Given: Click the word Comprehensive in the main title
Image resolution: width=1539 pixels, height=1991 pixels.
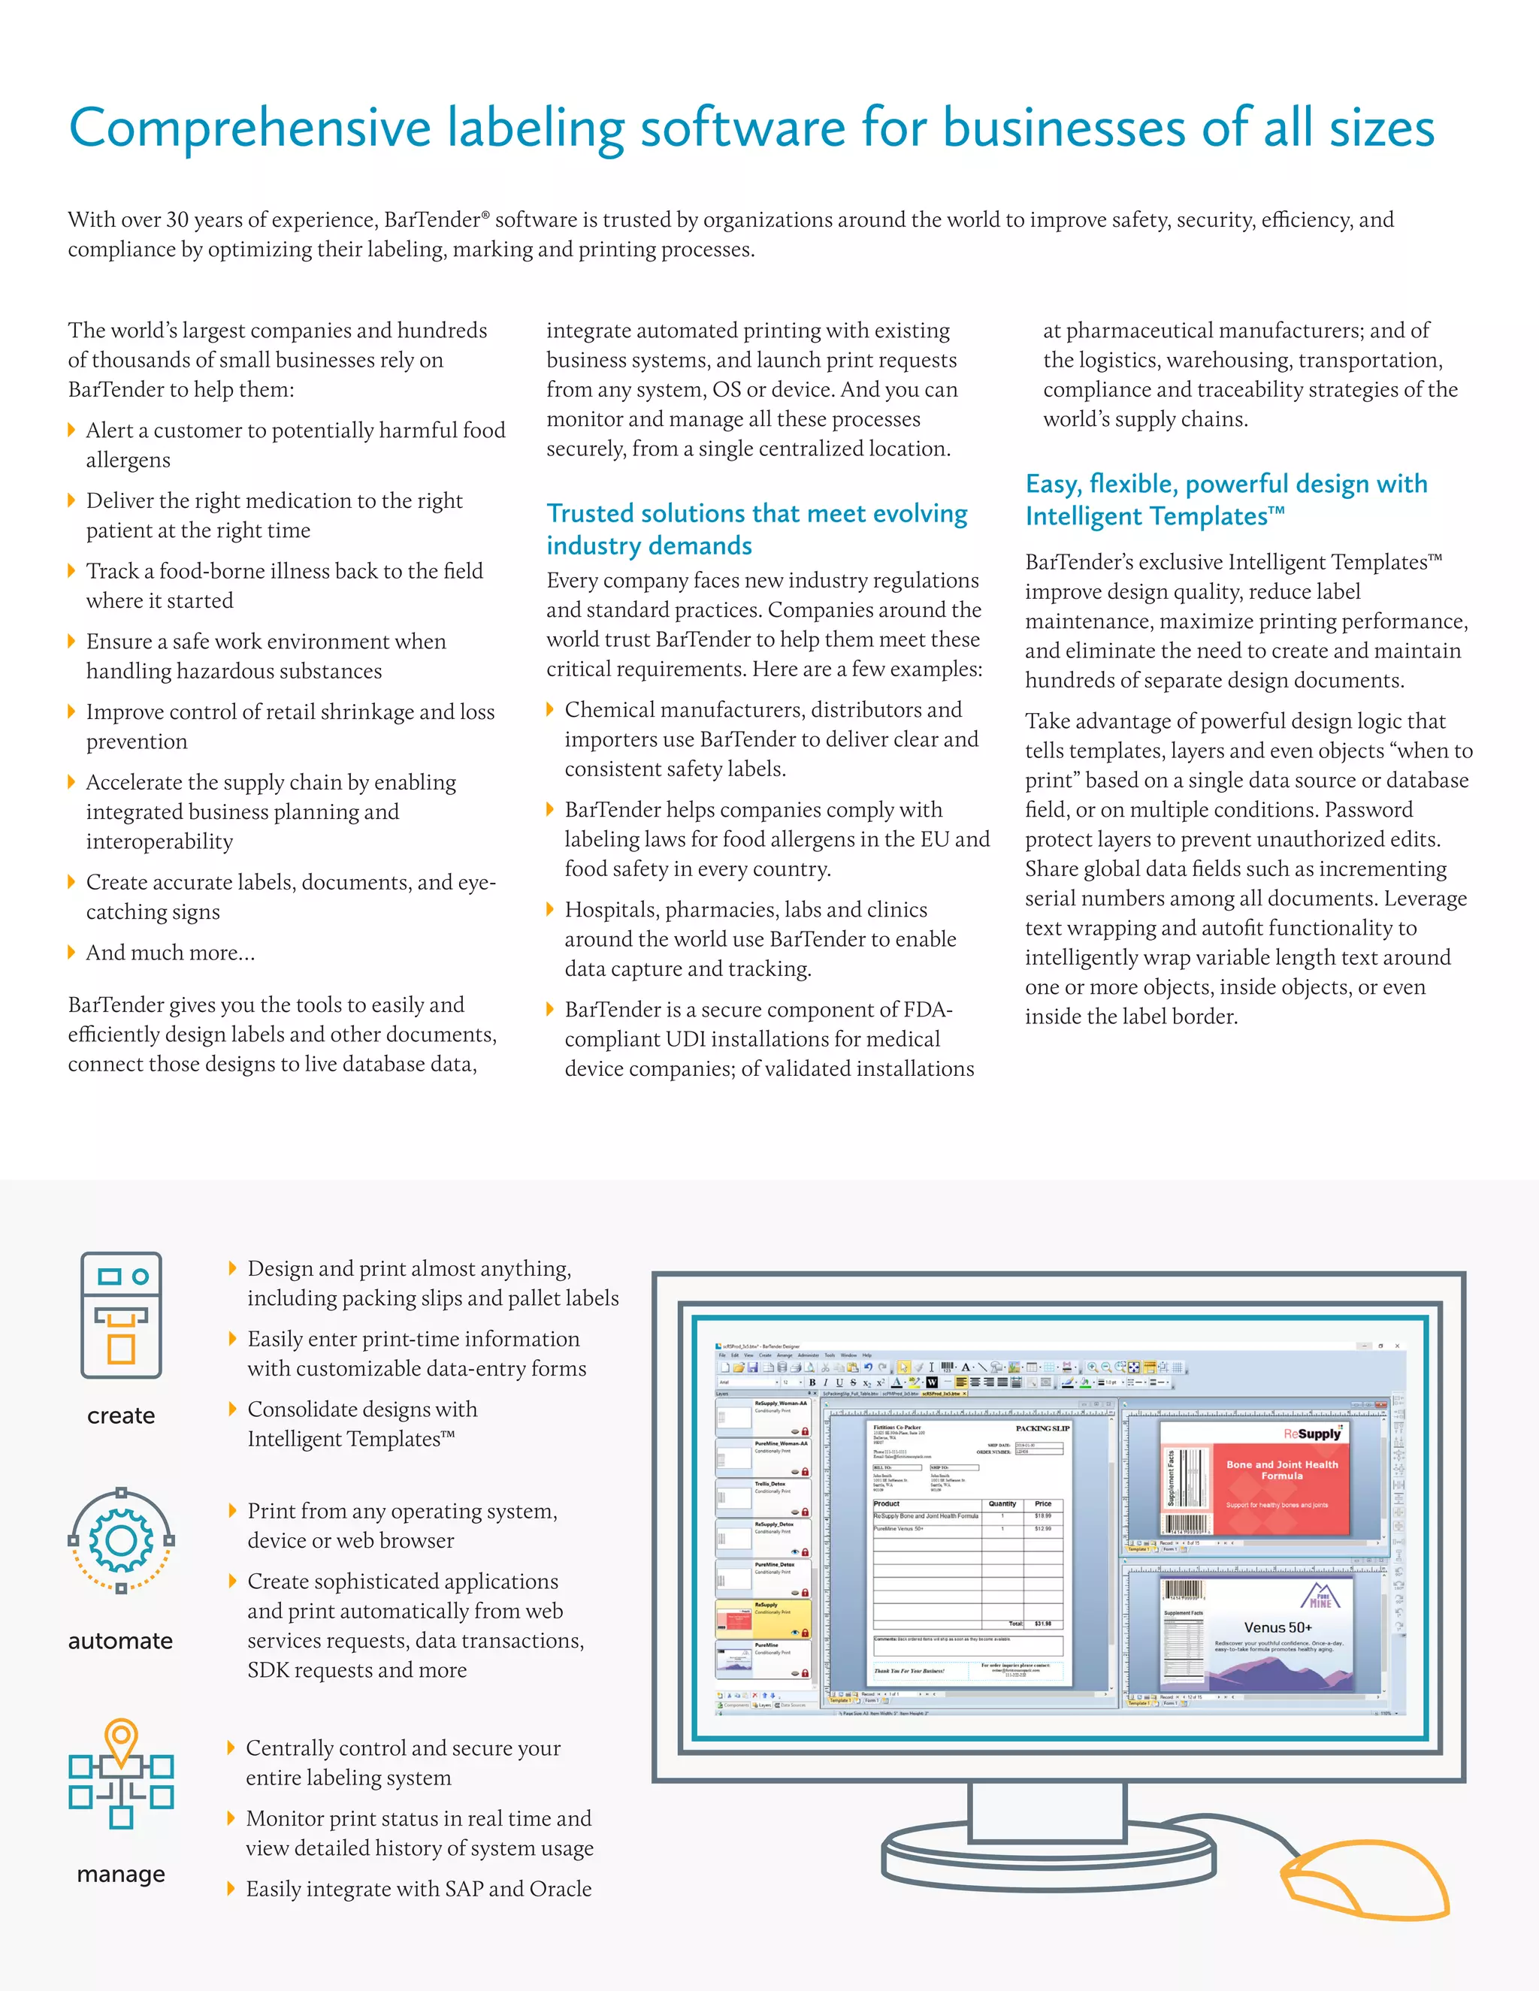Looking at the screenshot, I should click(249, 128).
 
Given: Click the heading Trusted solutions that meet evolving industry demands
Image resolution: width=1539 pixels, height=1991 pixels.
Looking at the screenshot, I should click(756, 529).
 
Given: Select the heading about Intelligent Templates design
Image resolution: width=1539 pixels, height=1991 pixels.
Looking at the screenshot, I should click(1226, 500).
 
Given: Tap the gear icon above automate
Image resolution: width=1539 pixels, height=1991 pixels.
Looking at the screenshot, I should click(121, 1541).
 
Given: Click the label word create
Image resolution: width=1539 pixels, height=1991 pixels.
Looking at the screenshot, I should click(121, 1415).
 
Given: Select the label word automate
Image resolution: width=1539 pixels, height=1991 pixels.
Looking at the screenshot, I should click(120, 1641).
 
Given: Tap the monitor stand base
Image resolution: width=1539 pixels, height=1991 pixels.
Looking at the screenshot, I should click(1048, 1851).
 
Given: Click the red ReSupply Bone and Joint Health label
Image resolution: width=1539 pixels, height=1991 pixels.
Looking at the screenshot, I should click(1282, 1477).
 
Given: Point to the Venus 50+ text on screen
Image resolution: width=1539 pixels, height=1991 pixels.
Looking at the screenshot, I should click(1277, 1627).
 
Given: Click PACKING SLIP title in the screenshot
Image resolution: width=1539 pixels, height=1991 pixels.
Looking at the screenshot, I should click(1042, 1428).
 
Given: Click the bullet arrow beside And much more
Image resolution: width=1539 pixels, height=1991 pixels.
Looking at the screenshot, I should click(72, 953).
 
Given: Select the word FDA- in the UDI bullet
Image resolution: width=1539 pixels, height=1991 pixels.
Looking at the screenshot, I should click(927, 1010).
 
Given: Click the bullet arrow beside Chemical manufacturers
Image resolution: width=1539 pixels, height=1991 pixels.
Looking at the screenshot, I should click(550, 709).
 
